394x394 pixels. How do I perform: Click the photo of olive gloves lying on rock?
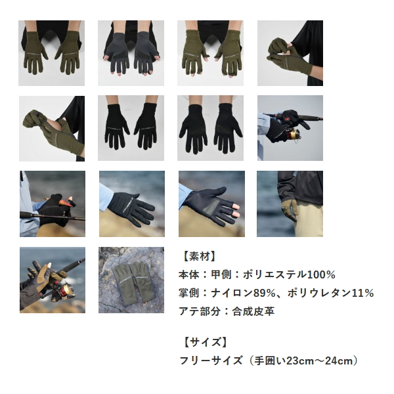point(131,280)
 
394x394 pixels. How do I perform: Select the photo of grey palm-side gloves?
point(131,53)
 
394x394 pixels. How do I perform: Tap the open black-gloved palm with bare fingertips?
point(211,204)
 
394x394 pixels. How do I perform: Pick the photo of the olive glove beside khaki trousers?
point(290,204)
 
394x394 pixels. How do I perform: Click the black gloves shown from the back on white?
point(131,128)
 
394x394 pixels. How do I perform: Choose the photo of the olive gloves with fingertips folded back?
point(210,53)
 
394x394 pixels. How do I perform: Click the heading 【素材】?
point(198,256)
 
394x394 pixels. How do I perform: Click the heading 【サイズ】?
point(203,342)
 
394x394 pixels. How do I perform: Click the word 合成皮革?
point(253,311)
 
